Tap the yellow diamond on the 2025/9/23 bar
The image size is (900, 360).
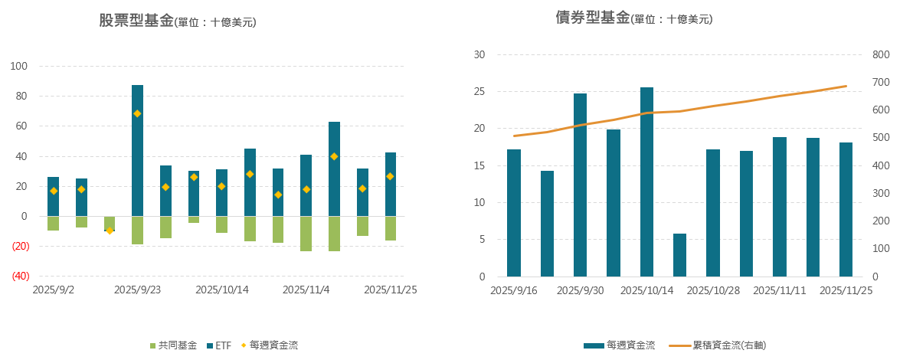138,113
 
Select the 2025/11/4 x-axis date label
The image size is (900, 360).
306,290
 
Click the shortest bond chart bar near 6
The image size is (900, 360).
680,254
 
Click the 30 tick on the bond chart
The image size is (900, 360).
479,54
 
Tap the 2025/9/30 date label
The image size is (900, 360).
580,290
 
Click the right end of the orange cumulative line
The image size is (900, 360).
846,86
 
